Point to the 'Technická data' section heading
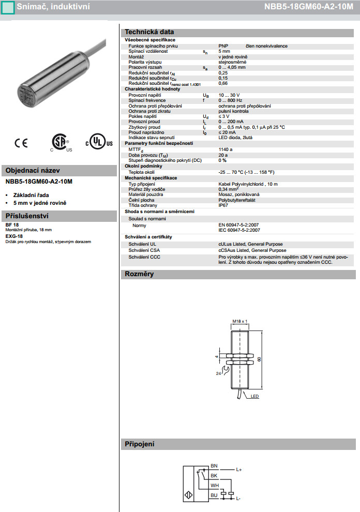pyautogui.click(x=149, y=32)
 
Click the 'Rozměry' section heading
pyautogui.click(x=139, y=274)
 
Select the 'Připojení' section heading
pyautogui.click(x=140, y=444)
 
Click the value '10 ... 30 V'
pyautogui.click(x=230, y=95)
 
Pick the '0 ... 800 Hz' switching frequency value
pyautogui.click(x=231, y=100)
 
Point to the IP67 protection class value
pyautogui.click(x=223, y=205)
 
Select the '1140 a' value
pyautogui.click(x=226, y=149)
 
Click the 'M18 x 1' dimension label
pyautogui.click(x=240, y=321)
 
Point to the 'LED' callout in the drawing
pyautogui.click(x=254, y=397)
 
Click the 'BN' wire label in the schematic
pyautogui.click(x=214, y=465)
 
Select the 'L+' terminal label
pyautogui.click(x=239, y=470)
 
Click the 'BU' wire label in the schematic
pyautogui.click(x=214, y=495)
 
